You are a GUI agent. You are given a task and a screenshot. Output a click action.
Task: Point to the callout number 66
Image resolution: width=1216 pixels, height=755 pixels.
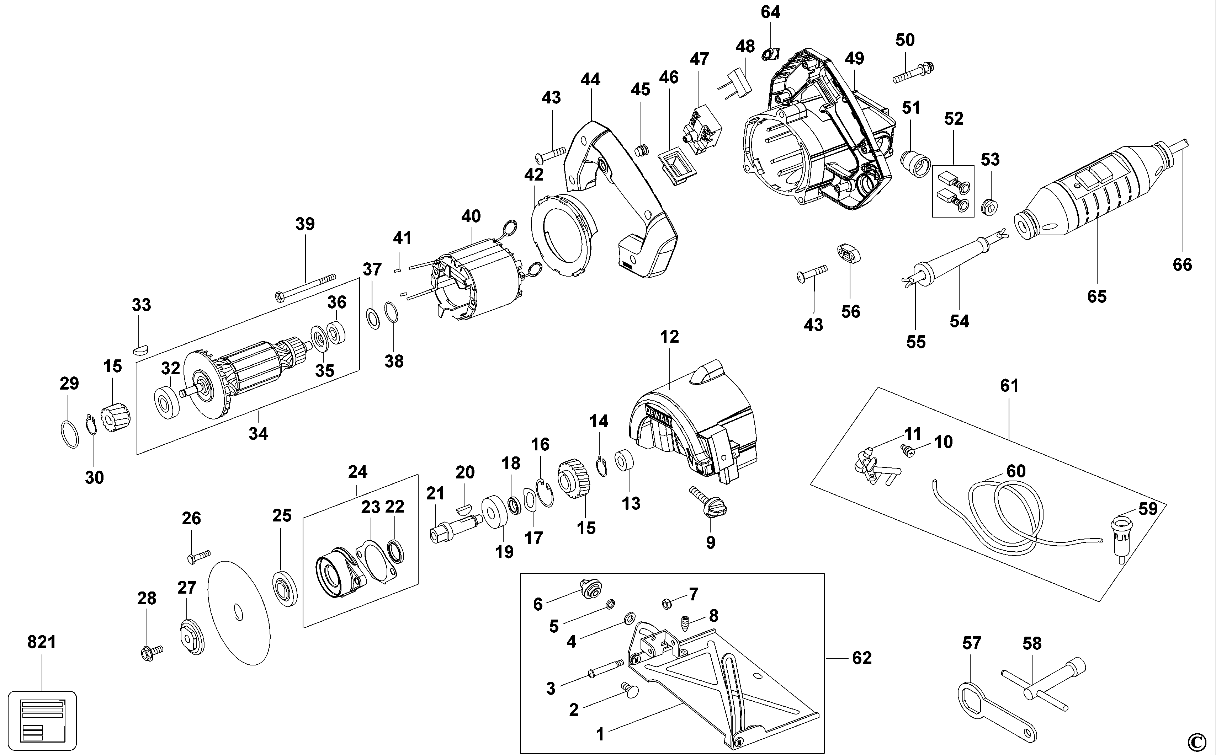click(1182, 264)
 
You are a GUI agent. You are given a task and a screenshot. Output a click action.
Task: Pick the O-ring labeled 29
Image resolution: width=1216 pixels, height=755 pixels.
click(69, 434)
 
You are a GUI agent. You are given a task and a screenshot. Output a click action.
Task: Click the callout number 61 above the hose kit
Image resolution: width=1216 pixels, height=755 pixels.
click(1009, 385)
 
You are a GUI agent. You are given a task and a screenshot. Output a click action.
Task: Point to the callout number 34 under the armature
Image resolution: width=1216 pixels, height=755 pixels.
click(258, 433)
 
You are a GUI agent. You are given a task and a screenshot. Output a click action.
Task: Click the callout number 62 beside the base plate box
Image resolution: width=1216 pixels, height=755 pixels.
click(861, 658)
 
